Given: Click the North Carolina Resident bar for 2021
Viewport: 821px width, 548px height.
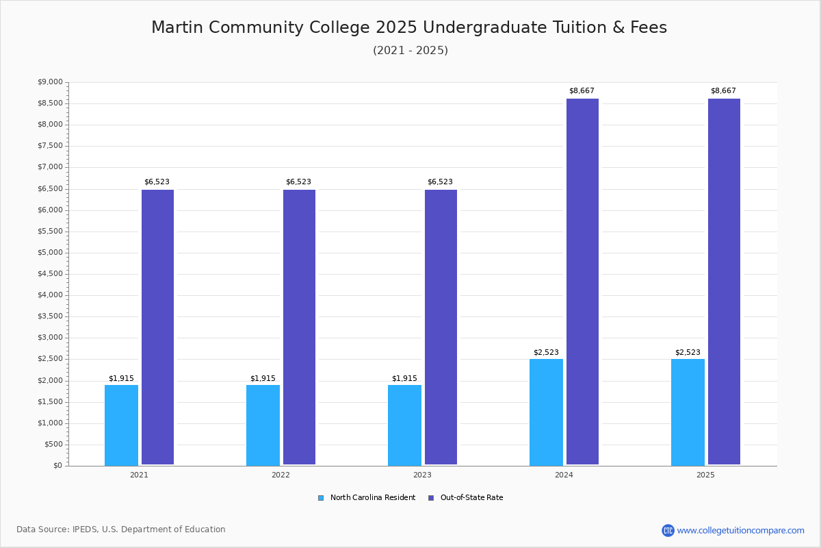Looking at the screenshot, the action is click(x=121, y=425).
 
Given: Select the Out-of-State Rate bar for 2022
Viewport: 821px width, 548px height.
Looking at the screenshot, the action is click(x=299, y=327).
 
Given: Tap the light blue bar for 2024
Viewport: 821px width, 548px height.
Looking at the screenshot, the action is click(x=546, y=412).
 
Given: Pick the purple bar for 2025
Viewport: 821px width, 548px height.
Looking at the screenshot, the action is click(x=724, y=282).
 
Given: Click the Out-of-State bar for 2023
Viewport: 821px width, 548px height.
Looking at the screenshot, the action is click(x=441, y=327).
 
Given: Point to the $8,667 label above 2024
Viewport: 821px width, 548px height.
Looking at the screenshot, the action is click(x=582, y=90).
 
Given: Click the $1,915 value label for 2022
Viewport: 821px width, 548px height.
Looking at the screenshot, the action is click(x=263, y=378).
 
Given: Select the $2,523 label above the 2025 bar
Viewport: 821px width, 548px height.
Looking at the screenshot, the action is click(x=688, y=352).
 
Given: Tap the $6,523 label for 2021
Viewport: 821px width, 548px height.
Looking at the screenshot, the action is click(x=157, y=182).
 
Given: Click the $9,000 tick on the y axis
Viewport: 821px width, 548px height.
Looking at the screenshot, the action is click(x=50, y=82).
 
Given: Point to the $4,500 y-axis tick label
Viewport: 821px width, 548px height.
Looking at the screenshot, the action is click(x=50, y=274).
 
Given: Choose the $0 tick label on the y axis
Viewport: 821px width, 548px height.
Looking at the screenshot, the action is click(x=58, y=466).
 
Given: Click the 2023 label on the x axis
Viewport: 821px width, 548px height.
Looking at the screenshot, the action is click(x=422, y=475).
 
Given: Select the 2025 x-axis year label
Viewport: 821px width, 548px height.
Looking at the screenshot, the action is click(x=705, y=475).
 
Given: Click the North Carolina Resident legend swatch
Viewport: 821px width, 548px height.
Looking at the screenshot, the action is click(x=321, y=498).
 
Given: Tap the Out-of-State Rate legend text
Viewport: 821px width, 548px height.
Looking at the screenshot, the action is click(x=471, y=498).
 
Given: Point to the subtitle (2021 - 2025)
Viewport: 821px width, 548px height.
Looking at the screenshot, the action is click(x=410, y=50).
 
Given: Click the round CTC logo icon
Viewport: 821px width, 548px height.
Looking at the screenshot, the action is click(x=668, y=530).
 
